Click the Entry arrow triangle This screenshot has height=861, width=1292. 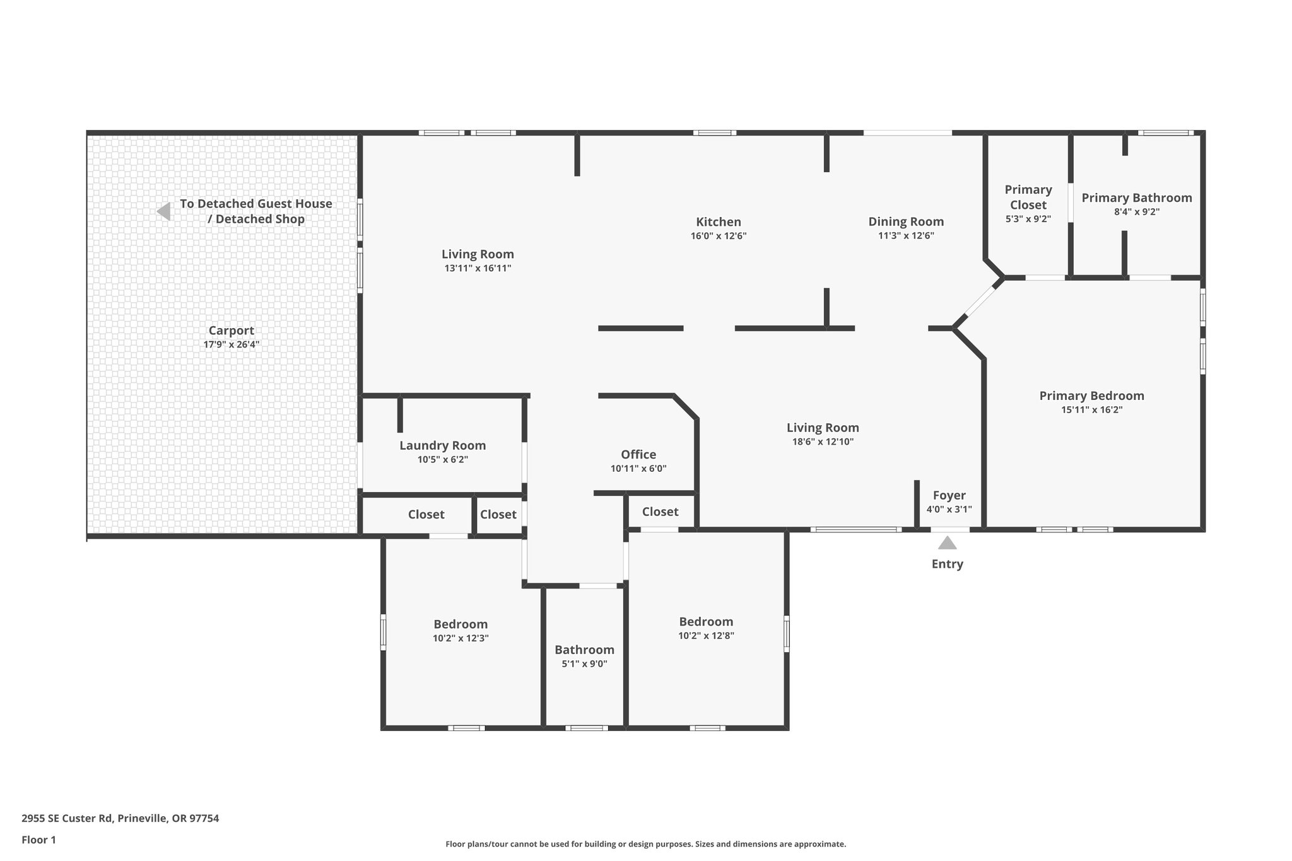point(947,543)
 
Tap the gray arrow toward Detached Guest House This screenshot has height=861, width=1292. point(164,211)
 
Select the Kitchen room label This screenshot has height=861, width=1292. point(718,222)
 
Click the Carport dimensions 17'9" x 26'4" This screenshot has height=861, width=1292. point(231,344)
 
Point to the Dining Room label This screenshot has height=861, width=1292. point(906,221)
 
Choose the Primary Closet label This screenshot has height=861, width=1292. point(1028,197)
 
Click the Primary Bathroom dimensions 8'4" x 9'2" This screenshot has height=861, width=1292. point(1136,212)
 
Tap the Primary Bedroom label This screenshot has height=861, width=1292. point(1091,395)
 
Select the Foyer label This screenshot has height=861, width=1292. point(949,496)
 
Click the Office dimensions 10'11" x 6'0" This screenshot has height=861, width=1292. point(638,469)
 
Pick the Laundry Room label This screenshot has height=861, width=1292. point(442,445)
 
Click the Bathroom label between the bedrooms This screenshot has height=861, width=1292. point(584,650)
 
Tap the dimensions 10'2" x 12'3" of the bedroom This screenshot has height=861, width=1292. point(460,638)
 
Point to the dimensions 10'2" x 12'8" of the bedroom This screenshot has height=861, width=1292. point(706,636)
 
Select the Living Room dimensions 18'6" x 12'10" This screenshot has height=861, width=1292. point(823,442)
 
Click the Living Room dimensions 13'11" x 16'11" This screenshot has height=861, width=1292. point(477,268)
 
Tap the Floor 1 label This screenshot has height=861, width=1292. point(38,840)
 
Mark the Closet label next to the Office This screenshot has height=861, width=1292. point(660,512)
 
